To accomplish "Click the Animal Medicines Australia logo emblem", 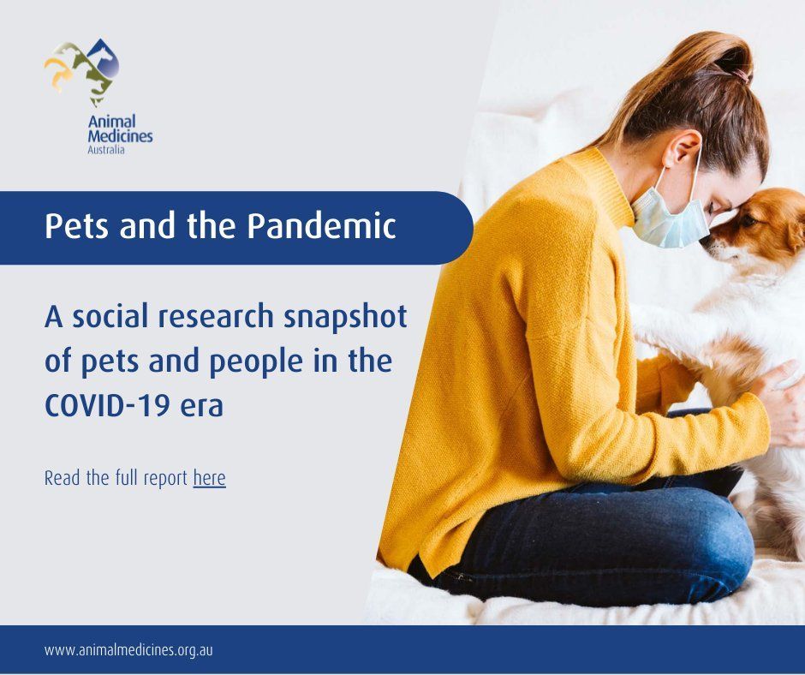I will pyautogui.click(x=82, y=68).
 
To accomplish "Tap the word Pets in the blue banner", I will pyautogui.click(x=75, y=227).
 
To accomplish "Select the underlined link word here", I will pyautogui.click(x=209, y=477).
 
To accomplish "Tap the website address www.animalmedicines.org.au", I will pyautogui.click(x=128, y=649).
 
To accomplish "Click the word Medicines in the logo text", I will pyautogui.click(x=120, y=136).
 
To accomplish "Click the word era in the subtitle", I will pyautogui.click(x=201, y=404).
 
